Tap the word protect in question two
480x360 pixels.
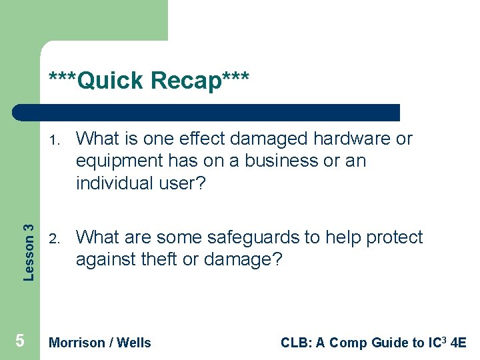393,238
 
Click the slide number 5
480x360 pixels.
19,341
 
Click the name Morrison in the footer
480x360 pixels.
77,343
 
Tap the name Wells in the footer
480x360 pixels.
134,343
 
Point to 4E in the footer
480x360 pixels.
459,343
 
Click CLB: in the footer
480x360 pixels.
295,343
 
